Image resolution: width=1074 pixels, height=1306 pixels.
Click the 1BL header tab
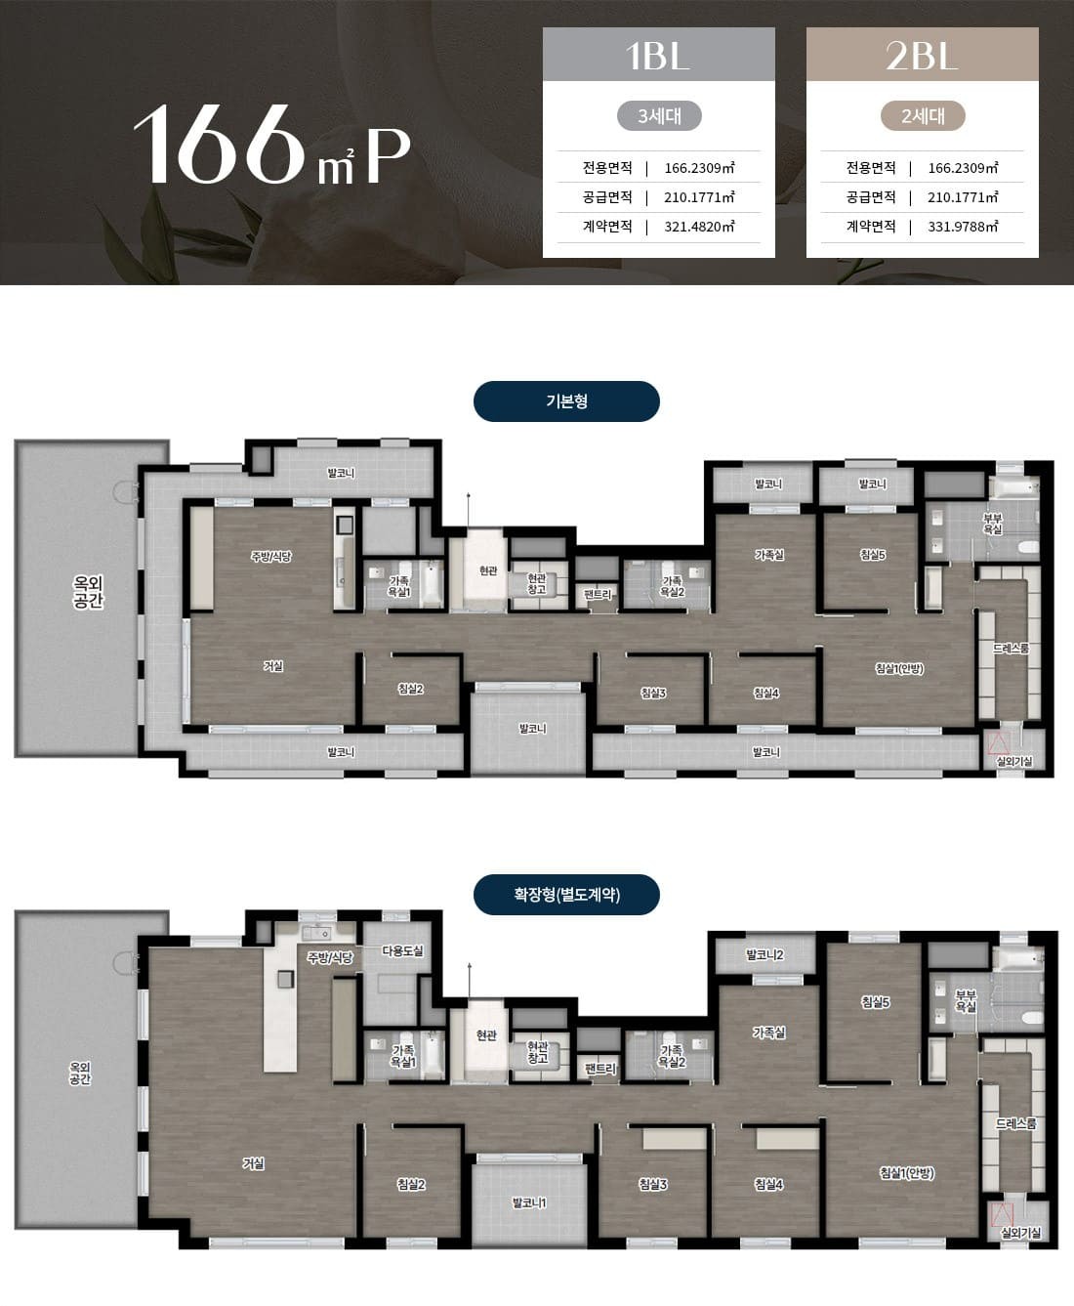659,54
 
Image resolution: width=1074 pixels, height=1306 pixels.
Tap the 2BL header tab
923,54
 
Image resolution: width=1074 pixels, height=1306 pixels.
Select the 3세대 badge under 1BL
659,116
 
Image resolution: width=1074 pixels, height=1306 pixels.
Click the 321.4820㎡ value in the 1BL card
699,227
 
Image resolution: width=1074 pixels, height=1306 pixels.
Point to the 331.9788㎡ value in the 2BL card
963,227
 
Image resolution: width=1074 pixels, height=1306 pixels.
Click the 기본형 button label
566,401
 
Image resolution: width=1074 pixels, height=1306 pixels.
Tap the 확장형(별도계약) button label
566,894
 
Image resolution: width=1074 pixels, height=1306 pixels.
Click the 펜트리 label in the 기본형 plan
598,595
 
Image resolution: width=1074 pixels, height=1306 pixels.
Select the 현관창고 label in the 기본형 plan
537,584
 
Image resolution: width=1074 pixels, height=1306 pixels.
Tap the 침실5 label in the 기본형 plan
873,555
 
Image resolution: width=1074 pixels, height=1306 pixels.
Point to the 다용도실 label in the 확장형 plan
402,950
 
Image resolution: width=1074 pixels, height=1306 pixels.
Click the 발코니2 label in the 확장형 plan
765,955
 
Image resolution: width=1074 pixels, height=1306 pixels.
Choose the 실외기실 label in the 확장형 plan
1020,1233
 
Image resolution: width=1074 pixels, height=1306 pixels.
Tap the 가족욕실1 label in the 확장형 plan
403,1056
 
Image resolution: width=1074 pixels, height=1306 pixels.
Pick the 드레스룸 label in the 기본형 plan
1011,649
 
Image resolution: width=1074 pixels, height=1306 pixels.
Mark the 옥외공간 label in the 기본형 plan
88,592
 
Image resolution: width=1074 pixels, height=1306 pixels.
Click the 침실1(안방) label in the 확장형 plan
907,1173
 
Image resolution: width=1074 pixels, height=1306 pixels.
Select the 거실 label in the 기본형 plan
273,666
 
